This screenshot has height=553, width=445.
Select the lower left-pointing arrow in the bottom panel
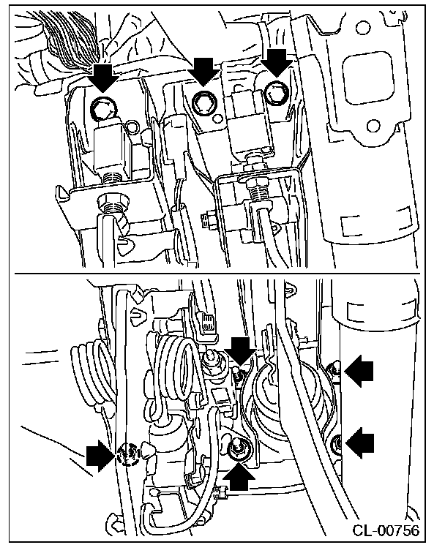(x=359, y=442)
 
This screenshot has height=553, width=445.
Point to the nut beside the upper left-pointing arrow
(x=334, y=371)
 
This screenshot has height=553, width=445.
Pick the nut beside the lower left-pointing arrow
(x=337, y=443)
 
